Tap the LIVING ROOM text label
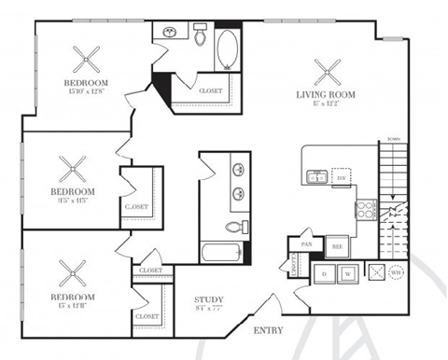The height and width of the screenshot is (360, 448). (327, 94)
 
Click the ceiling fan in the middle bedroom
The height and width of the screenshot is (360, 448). (73, 170)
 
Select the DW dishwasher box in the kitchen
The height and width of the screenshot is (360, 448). (342, 177)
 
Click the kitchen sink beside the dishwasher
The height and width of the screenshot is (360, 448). (318, 176)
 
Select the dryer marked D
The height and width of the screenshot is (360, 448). (324, 274)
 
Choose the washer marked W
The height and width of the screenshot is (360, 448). (346, 274)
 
